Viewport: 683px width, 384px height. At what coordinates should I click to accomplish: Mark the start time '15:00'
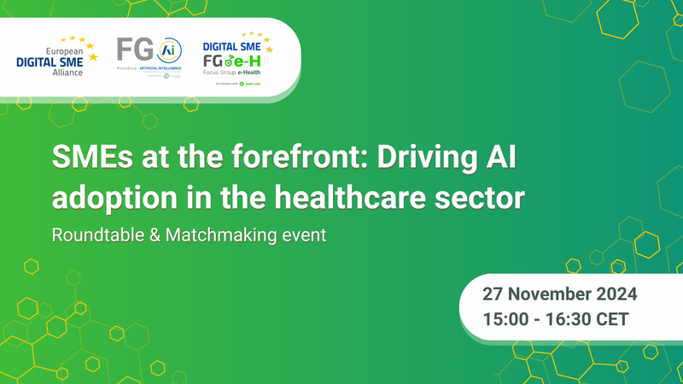click(507, 321)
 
